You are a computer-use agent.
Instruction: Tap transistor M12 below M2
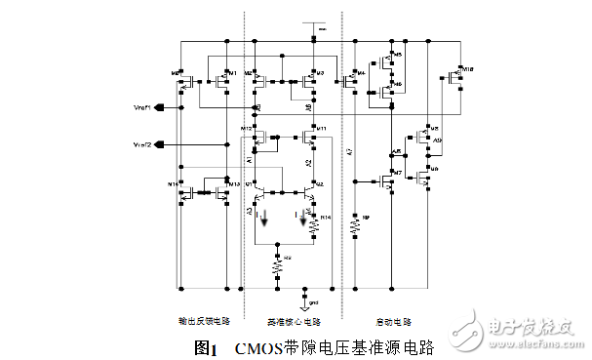click(256, 136)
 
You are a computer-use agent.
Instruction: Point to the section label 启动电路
click(393, 320)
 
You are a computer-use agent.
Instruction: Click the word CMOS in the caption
click(257, 347)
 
